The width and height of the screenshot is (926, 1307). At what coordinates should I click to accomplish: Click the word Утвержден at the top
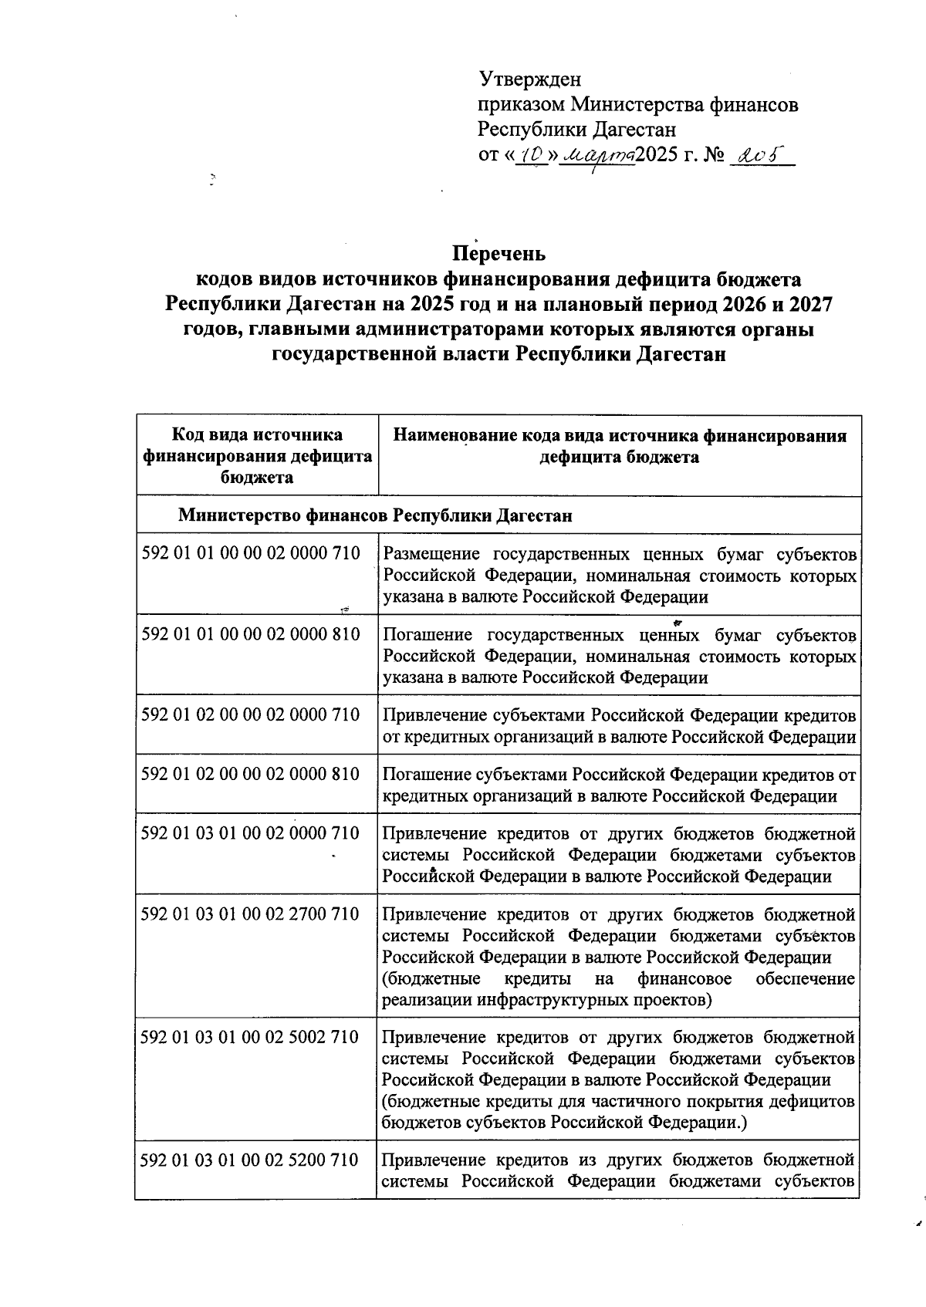click(x=529, y=79)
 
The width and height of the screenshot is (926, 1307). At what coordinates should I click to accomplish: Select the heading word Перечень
click(x=498, y=253)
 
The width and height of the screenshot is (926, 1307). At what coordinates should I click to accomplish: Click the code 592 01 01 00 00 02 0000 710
click(x=251, y=553)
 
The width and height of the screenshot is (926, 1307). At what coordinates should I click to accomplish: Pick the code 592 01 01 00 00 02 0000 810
click(x=251, y=634)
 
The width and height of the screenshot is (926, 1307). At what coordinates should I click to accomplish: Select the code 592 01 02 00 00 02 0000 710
click(x=251, y=714)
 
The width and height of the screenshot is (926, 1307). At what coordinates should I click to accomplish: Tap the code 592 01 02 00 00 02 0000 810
click(x=251, y=773)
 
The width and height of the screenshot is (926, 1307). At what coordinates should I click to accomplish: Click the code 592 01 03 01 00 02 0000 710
click(x=251, y=833)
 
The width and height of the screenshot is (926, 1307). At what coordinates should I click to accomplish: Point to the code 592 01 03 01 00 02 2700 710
click(x=251, y=914)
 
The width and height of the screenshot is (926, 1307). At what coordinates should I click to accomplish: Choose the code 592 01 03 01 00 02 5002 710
click(x=251, y=1037)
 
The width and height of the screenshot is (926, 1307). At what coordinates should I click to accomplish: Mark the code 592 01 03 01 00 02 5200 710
click(x=251, y=1160)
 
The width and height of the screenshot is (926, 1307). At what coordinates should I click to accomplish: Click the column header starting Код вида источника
click(x=257, y=456)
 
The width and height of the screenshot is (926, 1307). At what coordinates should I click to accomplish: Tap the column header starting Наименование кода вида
click(x=619, y=446)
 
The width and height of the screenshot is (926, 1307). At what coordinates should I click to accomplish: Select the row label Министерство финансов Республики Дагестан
click(x=375, y=515)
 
